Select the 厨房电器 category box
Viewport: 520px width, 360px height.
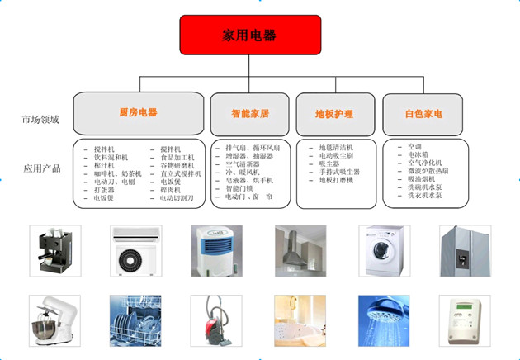(x=138, y=112)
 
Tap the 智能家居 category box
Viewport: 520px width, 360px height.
(x=250, y=114)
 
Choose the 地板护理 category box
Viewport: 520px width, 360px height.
(x=334, y=114)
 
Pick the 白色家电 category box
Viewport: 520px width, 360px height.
(x=423, y=114)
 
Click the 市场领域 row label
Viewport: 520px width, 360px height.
(x=40, y=120)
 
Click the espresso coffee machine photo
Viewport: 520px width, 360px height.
(x=54, y=250)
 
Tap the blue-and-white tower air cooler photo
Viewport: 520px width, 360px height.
(x=216, y=250)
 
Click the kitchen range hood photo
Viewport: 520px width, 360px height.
(x=300, y=250)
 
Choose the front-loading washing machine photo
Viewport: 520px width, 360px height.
(x=383, y=250)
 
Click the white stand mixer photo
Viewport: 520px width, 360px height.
(x=54, y=320)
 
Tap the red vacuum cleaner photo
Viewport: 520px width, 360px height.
(x=216, y=320)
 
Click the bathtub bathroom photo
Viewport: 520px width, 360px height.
(x=300, y=320)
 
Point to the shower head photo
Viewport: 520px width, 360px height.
(x=383, y=320)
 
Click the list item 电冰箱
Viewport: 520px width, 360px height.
(x=418, y=154)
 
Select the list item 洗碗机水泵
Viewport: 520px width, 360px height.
(x=425, y=187)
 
